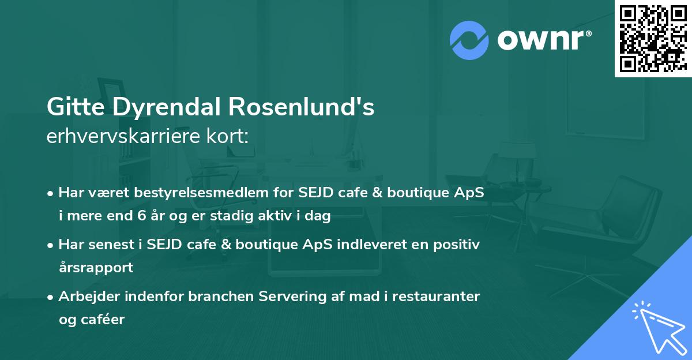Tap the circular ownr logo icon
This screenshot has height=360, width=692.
(x=469, y=39)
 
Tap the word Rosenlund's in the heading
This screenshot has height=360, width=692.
(x=302, y=108)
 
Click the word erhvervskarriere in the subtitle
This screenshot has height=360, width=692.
(x=118, y=136)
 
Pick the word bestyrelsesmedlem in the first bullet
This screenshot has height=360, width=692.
(x=180, y=193)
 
